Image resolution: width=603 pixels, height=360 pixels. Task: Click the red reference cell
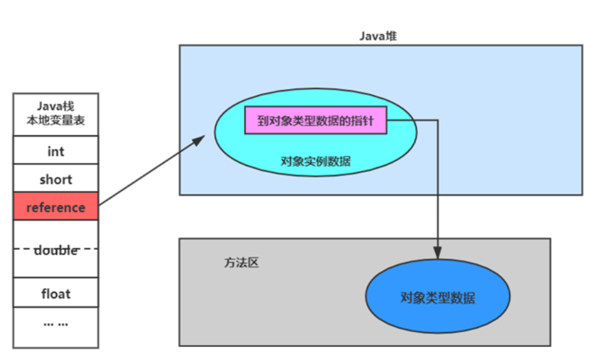click(x=56, y=207)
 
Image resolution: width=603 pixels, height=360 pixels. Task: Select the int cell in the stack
click(x=56, y=151)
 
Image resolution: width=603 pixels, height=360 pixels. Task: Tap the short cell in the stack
click(x=56, y=179)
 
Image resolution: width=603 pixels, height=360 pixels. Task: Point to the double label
click(x=56, y=250)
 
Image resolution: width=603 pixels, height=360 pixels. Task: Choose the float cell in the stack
click(x=56, y=293)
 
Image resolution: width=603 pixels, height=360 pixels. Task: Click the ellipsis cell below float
click(x=56, y=323)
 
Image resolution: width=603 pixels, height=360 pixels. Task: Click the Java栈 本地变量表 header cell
click(x=56, y=113)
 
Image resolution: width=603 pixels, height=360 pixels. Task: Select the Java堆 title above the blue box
click(x=378, y=36)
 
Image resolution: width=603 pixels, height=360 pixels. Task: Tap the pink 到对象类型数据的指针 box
click(x=315, y=120)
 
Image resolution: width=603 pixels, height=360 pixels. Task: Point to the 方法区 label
click(x=241, y=264)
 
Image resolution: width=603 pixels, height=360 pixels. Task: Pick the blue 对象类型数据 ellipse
click(x=437, y=298)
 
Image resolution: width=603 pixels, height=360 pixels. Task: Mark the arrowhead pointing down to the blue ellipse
click(x=438, y=254)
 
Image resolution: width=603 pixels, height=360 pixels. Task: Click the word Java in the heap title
click(x=370, y=36)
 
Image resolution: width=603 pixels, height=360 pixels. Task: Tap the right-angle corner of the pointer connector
click(x=438, y=120)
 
